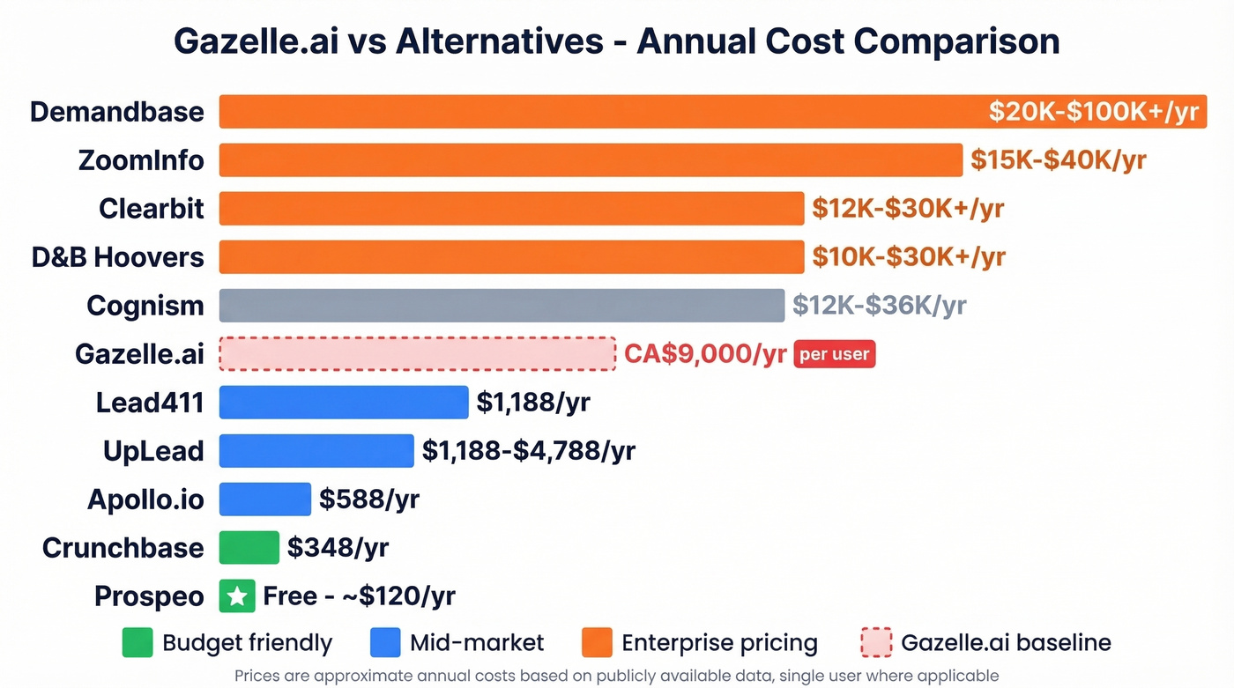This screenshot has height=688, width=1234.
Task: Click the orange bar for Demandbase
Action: (599, 112)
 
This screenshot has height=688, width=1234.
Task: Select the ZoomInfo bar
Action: (591, 160)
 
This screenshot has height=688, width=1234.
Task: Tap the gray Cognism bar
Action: (502, 306)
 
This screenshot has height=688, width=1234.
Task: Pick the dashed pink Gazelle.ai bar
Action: (417, 354)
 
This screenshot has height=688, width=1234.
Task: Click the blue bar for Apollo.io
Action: (264, 499)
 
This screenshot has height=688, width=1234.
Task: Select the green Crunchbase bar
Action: (249, 548)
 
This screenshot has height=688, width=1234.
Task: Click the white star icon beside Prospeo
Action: (236, 596)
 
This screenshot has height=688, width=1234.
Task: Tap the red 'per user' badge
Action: (834, 354)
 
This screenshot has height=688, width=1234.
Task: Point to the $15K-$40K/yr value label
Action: (1058, 160)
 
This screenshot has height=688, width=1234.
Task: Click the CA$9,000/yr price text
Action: (705, 354)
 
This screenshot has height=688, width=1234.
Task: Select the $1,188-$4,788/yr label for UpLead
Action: (529, 451)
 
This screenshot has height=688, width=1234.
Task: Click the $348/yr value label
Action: (338, 548)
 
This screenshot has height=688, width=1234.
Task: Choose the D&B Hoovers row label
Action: (118, 257)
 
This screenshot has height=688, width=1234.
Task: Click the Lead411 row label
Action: (150, 403)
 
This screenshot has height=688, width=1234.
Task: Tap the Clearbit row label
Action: (152, 209)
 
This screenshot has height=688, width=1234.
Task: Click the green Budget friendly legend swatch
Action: (138, 643)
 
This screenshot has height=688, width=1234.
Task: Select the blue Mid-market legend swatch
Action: (385, 643)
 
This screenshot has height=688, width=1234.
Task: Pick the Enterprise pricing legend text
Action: (719, 643)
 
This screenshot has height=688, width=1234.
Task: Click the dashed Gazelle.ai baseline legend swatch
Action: (875, 643)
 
